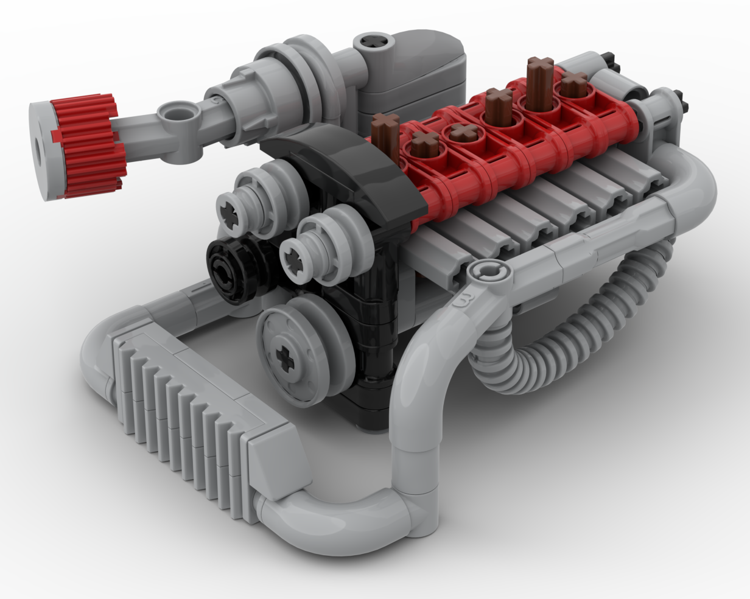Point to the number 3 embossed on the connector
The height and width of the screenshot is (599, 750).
click(466, 299)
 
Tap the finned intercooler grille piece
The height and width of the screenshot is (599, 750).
click(183, 414)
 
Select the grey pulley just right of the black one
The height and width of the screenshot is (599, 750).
click(317, 243)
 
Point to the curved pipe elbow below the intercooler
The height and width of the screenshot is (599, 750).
click(341, 524)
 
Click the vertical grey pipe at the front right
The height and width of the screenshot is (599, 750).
click(414, 444)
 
